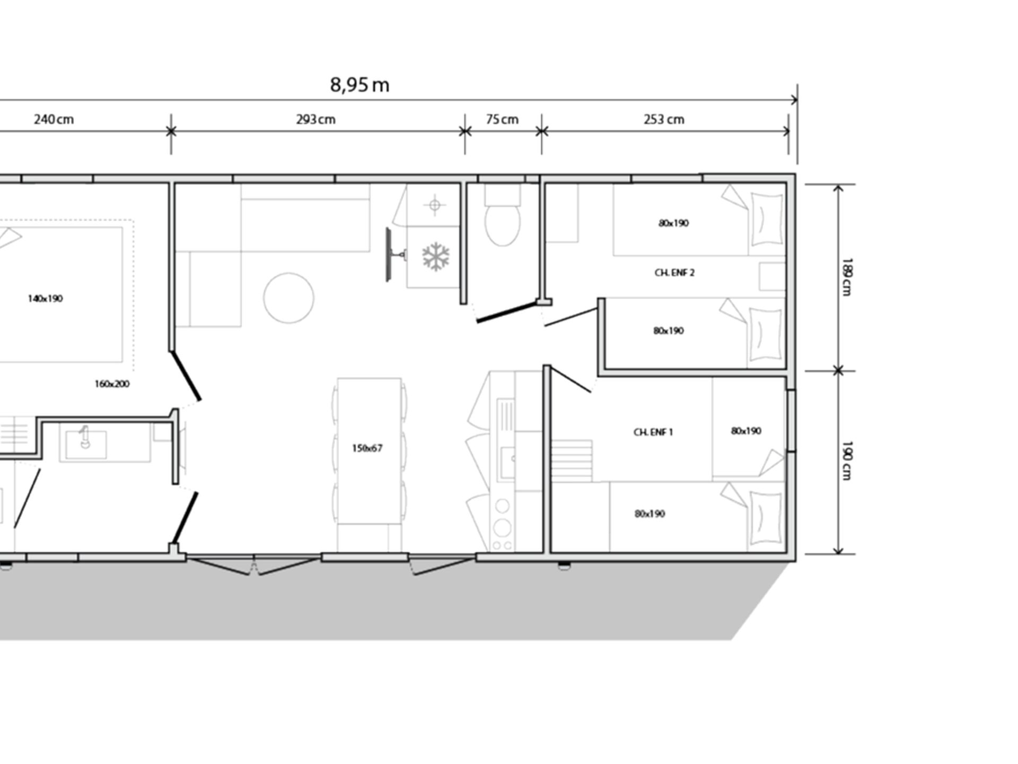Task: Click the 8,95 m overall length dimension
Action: pos(359,85)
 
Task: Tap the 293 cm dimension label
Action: pos(315,119)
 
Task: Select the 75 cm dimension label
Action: pos(502,119)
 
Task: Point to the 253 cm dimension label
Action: pos(664,119)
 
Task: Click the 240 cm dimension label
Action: pos(54,119)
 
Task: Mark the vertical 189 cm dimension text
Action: pos(847,276)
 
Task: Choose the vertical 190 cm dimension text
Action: pos(847,460)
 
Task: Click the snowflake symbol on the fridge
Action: pos(436,257)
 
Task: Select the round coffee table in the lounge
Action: pos(289,298)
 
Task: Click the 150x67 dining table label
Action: pos(367,448)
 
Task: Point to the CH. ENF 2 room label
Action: pos(674,273)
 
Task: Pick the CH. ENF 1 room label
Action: pos(653,432)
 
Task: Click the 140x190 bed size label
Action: pos(45,299)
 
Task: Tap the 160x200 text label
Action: pos(112,384)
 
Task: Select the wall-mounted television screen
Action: pos(389,255)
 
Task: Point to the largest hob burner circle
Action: pos(502,528)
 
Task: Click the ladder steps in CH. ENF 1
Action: pos(572,461)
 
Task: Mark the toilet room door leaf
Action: pos(506,312)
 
